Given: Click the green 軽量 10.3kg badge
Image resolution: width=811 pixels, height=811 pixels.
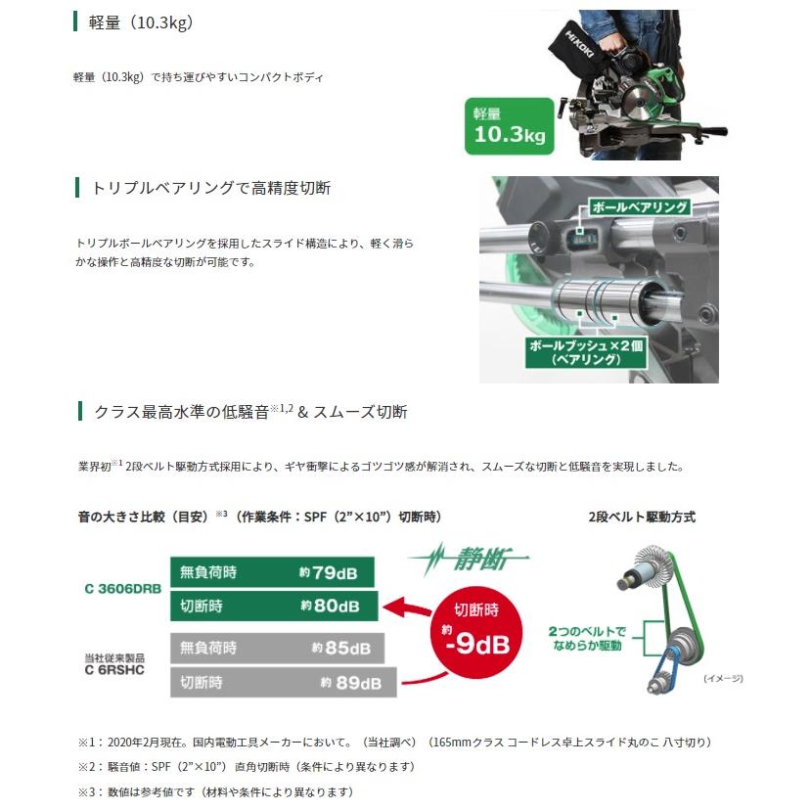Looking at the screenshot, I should [x=509, y=126].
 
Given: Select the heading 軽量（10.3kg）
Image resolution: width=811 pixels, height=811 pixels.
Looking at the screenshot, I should [x=141, y=22].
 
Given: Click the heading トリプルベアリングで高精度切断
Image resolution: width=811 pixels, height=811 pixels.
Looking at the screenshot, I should [x=210, y=188].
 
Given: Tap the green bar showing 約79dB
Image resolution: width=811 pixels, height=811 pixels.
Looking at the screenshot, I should [x=273, y=571].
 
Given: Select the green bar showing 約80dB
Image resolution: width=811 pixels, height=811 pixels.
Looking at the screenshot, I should [x=273, y=606].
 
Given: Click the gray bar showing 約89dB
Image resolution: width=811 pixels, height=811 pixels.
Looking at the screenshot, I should [x=284, y=681].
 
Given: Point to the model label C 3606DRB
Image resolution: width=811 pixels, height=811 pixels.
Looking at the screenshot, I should [x=122, y=589].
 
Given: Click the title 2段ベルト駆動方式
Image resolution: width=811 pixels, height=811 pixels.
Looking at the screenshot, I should [x=641, y=518].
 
